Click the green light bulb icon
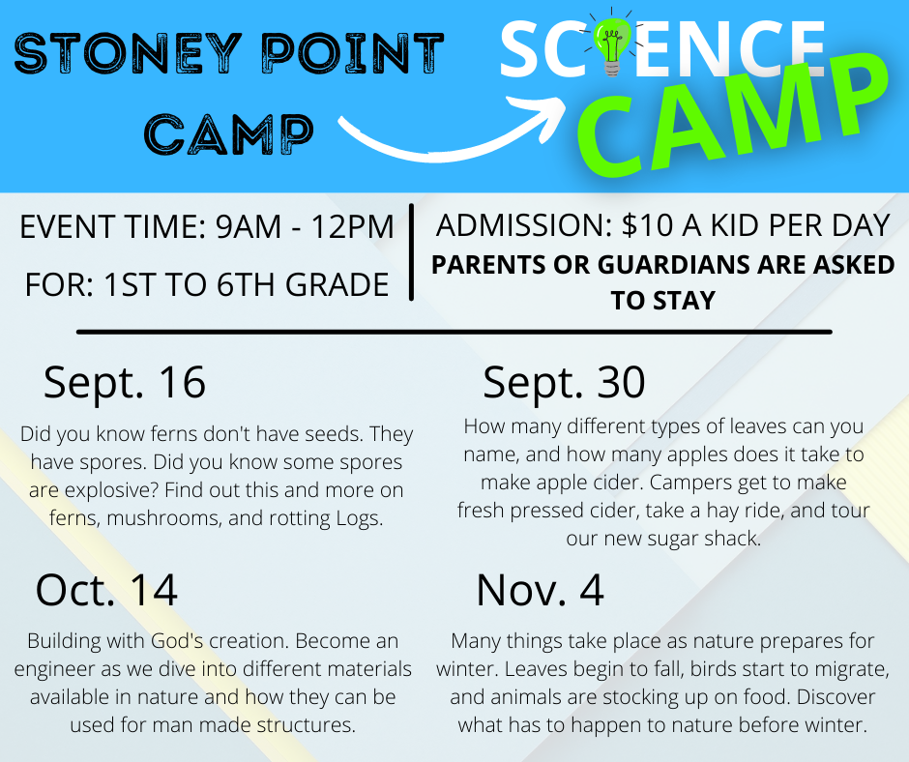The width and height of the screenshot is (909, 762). [609, 44]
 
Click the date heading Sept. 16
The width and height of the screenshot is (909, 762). [125, 382]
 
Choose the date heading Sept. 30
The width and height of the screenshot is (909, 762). [564, 382]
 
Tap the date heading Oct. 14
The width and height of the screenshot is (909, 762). [106, 590]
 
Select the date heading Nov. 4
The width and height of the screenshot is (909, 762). [540, 590]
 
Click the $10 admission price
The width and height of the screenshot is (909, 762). [648, 225]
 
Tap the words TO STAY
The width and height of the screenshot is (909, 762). [663, 301]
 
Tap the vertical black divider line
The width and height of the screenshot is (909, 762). [411, 252]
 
